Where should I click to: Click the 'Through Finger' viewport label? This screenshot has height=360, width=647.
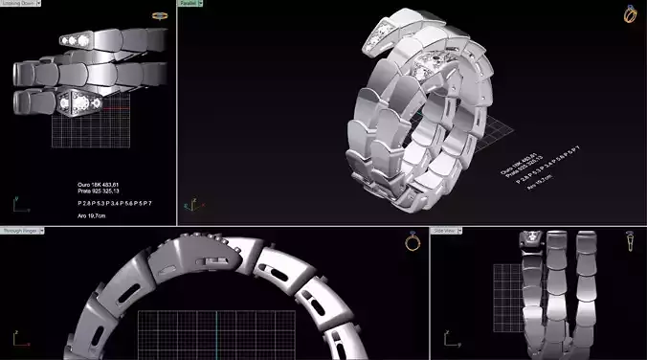coord(20,231)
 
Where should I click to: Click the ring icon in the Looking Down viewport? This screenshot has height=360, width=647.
coord(160,16)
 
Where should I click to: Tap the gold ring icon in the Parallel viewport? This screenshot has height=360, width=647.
coord(630,13)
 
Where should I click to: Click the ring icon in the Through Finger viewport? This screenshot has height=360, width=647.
coord(413,242)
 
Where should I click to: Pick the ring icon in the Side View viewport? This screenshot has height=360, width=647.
coord(633,243)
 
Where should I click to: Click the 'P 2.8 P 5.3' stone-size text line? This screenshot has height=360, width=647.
coord(114,203)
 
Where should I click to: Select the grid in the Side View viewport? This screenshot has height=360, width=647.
coord(506,297)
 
